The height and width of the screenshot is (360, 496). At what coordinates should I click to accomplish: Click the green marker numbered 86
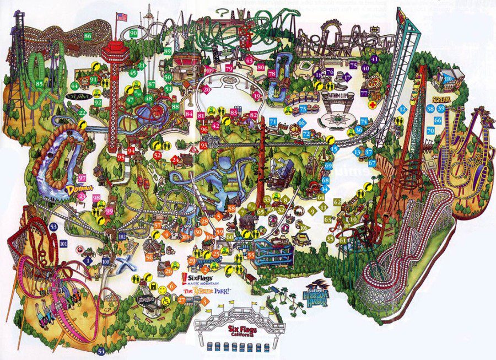[88, 36]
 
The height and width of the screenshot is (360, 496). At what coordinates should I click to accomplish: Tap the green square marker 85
[39, 84]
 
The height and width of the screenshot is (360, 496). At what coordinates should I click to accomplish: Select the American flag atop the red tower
[121, 17]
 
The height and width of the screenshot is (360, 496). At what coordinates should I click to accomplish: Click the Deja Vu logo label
[76, 96]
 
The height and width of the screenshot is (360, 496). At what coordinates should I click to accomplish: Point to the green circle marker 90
[133, 34]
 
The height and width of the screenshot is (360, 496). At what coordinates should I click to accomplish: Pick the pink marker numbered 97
[83, 178]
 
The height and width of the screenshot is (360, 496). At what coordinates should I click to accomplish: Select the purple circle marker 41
[375, 58]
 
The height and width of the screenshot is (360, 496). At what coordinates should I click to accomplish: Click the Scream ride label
[442, 99]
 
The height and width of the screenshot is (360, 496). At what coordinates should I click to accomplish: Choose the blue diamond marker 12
[402, 110]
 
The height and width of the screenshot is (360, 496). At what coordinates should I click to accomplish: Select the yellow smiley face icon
[163, 289]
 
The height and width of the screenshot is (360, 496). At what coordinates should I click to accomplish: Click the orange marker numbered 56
[149, 257]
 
